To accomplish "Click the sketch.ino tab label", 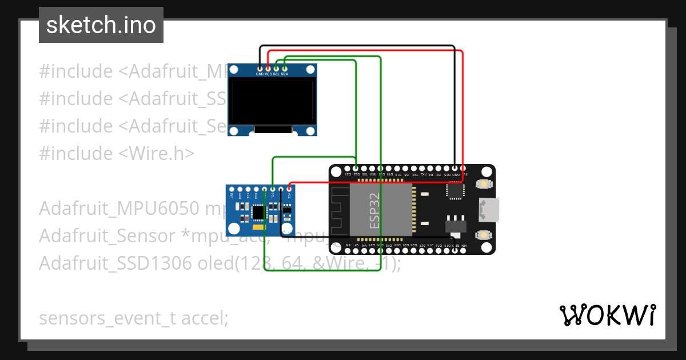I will click(101, 25).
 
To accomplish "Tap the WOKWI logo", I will click(607, 315).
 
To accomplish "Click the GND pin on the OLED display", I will click(260, 69).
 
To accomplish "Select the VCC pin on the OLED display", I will click(268, 69).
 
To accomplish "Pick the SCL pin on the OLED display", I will click(276, 69).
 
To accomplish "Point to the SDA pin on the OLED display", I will click(284, 69).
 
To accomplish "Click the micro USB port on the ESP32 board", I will click(490, 209).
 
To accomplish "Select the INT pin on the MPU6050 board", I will click(232, 189).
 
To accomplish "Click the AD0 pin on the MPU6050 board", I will click(240, 189).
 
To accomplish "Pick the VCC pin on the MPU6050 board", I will click(289, 189).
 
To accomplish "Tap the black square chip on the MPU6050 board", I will click(258, 212).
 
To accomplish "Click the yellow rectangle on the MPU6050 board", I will click(259, 227).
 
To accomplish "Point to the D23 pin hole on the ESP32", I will click(348, 169).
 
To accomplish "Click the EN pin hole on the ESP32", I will click(348, 249).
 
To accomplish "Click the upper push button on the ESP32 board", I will click(484, 184).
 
